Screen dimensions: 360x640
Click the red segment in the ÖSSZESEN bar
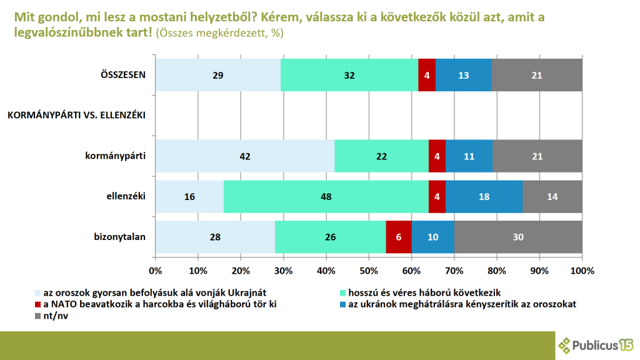(427, 75)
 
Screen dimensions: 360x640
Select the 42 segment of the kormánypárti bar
(245, 156)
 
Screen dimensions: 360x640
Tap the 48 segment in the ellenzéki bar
(325, 196)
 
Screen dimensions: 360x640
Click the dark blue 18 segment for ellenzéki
(484, 196)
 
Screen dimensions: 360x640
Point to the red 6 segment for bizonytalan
(399, 237)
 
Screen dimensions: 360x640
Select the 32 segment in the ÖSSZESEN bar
(349, 75)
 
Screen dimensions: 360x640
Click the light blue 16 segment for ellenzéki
(189, 196)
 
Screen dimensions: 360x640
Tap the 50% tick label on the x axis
(369, 271)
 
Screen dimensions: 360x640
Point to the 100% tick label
(582, 271)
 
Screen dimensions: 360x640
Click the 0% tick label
(156, 271)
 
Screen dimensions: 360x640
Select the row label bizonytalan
(119, 237)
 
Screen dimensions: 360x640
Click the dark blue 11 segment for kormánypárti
(469, 156)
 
